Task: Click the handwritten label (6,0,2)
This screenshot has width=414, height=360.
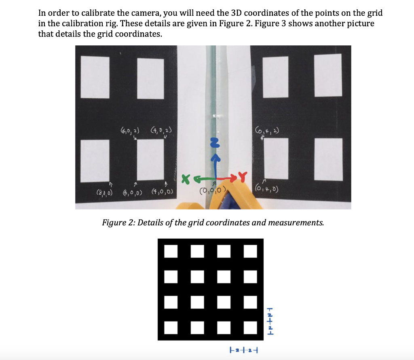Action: point(130,130)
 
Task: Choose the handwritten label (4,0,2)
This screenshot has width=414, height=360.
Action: point(161,130)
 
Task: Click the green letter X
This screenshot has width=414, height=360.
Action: point(186,178)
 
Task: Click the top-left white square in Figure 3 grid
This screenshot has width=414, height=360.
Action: point(171,251)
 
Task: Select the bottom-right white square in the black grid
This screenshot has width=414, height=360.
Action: point(250,328)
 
